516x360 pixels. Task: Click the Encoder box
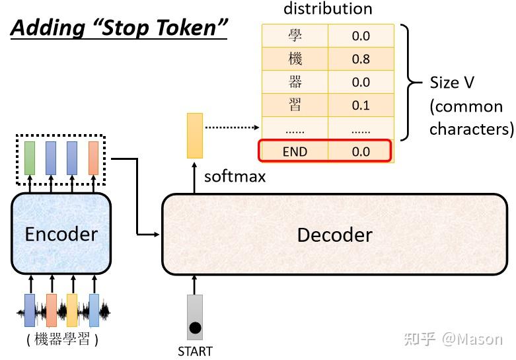[61, 233]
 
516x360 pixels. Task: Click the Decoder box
[335, 234]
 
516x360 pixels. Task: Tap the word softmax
[235, 177]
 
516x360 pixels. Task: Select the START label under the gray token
[195, 351]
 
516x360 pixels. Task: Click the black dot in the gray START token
[195, 328]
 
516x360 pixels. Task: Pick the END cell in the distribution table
[295, 151]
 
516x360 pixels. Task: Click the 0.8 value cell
[361, 59]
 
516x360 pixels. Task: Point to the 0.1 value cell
[361, 105]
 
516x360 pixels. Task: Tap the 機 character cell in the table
[295, 59]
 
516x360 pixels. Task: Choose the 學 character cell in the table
[295, 36]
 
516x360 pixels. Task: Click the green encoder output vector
[30, 158]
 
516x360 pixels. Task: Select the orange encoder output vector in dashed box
[93, 158]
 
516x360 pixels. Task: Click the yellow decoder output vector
[195, 135]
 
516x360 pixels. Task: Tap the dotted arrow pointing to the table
[233, 127]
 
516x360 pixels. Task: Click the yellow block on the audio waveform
[72, 310]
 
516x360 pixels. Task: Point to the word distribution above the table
[328, 9]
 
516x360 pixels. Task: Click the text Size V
[452, 83]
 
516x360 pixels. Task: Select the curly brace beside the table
[411, 83]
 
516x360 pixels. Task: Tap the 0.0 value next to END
[361, 151]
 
